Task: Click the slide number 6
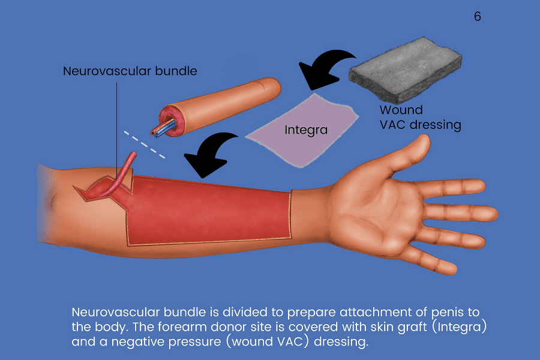[477, 17]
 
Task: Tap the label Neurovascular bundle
[130, 71]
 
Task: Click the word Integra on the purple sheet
[306, 129]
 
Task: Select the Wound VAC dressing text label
[420, 118]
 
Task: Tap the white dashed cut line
[145, 143]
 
